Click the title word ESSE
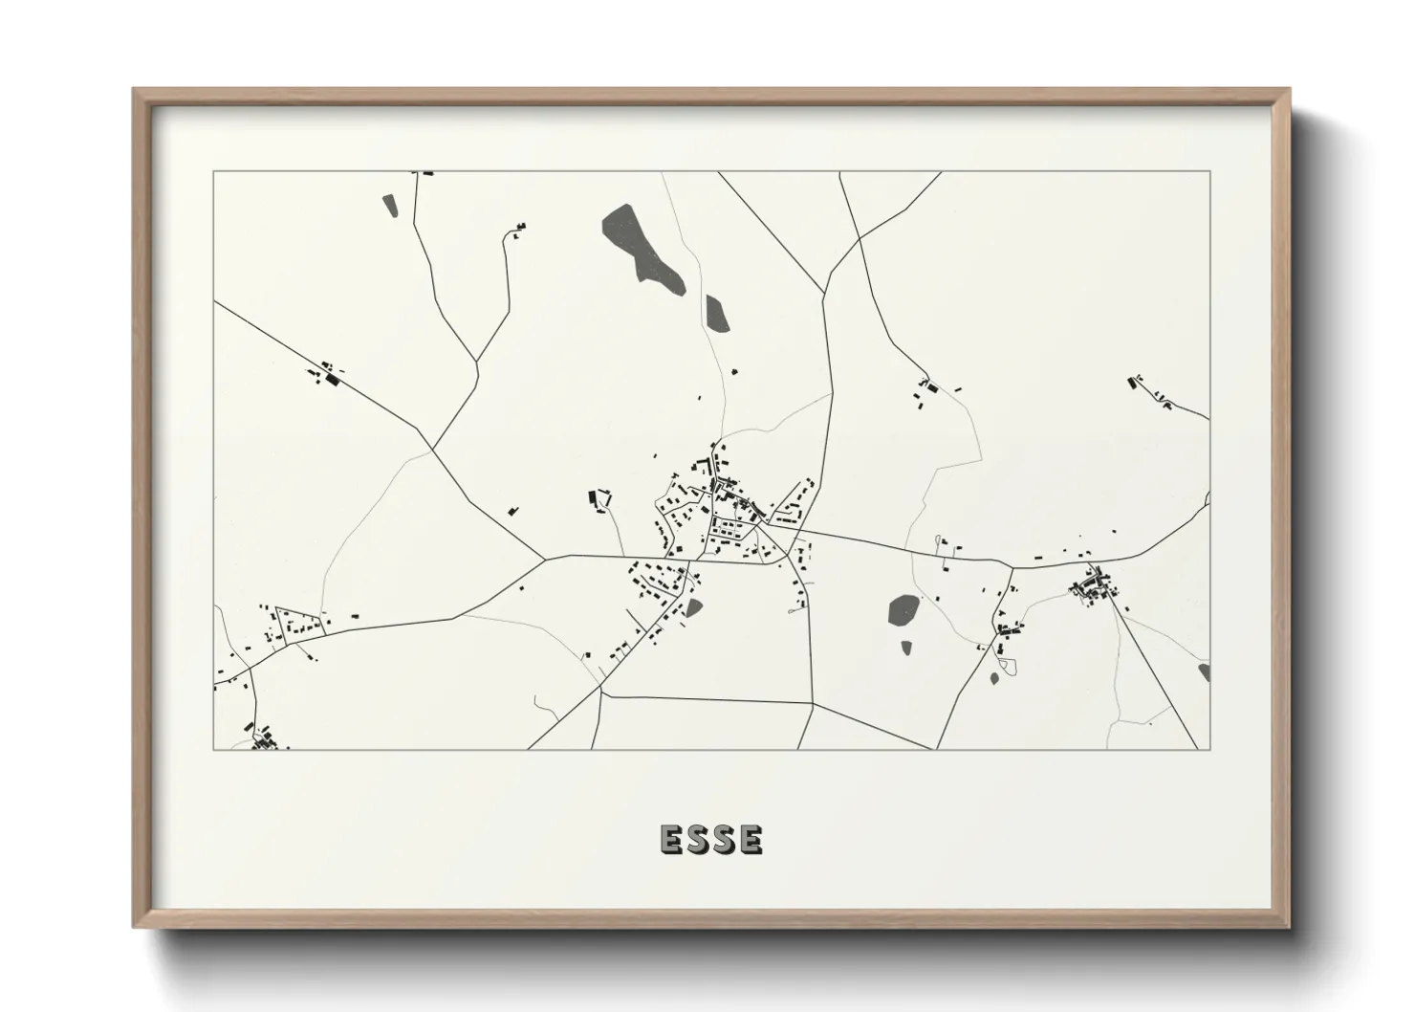(x=711, y=839)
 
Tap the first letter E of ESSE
(x=670, y=839)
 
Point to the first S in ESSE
(x=697, y=839)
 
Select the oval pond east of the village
(x=903, y=609)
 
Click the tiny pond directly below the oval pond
(x=905, y=648)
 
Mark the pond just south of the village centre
(x=693, y=605)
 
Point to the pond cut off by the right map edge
(x=1205, y=671)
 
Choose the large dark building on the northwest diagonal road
(x=333, y=380)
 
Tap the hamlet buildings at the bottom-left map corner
(x=262, y=738)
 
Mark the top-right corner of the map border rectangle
(x=1209, y=172)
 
